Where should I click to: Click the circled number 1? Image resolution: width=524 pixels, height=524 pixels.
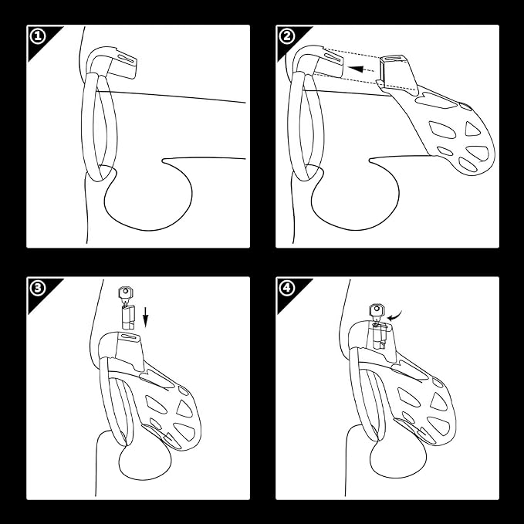pos(37,36)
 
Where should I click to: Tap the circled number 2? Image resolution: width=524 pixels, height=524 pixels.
pos(287,36)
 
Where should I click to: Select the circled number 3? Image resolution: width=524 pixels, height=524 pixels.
pos(37,288)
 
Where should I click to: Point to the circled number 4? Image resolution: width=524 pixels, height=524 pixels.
pos(287,288)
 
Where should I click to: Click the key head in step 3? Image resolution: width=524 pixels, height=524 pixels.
pos(126,293)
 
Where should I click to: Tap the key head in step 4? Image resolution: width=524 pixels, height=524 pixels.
pos(377,311)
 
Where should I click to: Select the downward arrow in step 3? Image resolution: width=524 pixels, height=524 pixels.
pos(145,317)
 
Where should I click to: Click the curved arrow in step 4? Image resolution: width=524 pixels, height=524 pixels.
pos(394,316)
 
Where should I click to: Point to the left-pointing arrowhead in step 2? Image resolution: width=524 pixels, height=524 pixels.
pos(356,69)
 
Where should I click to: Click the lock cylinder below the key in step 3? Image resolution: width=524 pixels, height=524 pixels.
pos(128,316)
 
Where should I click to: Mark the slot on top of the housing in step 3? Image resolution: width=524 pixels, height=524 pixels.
pos(130,336)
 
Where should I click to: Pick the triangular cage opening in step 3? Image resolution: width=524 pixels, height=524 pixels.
pos(184,408)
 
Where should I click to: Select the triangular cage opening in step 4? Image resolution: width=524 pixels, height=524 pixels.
pos(439,401)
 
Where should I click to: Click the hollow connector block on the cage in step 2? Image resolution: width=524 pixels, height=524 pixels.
pos(397,73)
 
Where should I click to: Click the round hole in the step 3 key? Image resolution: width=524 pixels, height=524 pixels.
pos(126,292)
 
